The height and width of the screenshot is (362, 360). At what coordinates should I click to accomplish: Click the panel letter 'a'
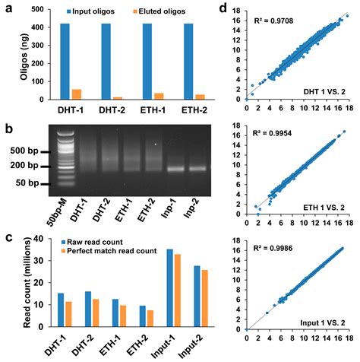click(5, 8)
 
